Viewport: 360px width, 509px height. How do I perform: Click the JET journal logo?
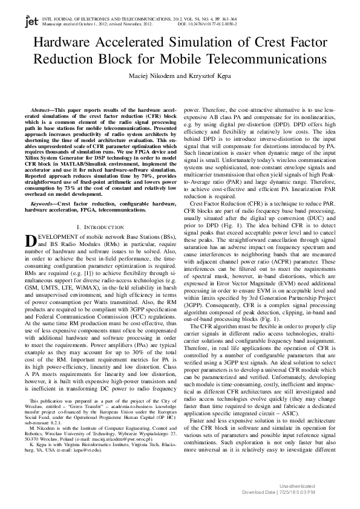coord(31,22)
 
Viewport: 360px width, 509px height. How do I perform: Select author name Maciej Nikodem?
coord(148,76)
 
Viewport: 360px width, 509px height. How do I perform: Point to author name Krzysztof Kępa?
coord(211,76)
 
